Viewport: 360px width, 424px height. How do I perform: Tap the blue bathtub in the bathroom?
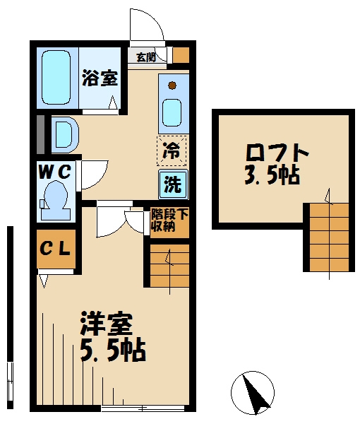click(54, 78)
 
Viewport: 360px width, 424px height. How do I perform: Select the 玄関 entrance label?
click(146, 57)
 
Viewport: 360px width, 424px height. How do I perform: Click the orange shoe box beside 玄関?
click(181, 55)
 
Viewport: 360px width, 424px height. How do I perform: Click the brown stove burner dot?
click(172, 86)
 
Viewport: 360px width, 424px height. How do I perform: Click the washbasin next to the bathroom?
click(62, 134)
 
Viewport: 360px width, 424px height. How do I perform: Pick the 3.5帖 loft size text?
click(272, 175)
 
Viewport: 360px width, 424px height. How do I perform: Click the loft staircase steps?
click(327, 236)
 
